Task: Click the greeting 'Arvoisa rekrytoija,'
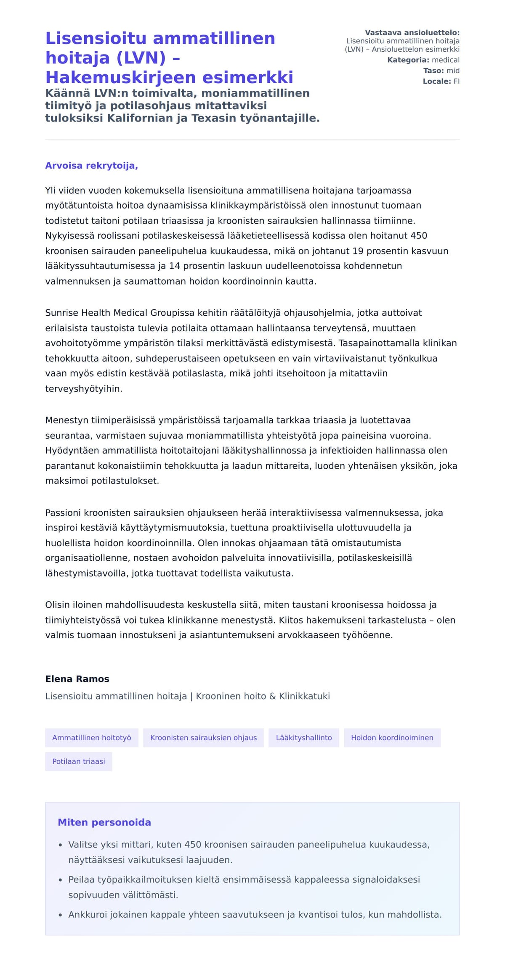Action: click(91, 166)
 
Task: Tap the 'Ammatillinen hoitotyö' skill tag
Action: click(92, 737)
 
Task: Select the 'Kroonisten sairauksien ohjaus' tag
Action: click(203, 737)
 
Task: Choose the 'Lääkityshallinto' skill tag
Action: click(304, 737)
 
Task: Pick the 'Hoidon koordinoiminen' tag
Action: click(392, 737)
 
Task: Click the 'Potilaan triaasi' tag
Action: click(79, 761)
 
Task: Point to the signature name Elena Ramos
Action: click(77, 679)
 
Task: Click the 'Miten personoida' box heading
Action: click(104, 822)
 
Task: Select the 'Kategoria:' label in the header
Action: click(408, 60)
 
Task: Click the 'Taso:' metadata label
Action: click(433, 71)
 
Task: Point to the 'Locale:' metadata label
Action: click(437, 81)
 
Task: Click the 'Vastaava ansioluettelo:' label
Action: click(412, 33)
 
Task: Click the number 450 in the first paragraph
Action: click(419, 236)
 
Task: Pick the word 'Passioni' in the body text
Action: click(63, 513)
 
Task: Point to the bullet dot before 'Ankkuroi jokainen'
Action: click(61, 915)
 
